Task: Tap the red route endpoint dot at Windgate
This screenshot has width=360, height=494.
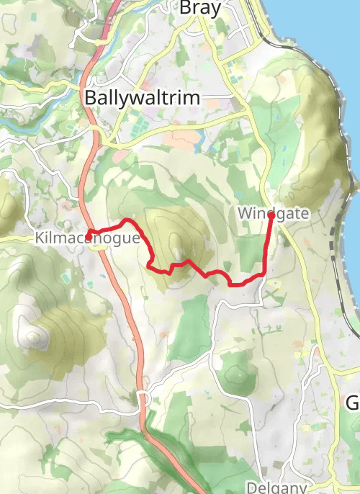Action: (x=271, y=215)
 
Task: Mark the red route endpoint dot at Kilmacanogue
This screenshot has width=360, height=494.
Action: (x=89, y=235)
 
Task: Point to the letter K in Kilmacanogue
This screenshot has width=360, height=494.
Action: (x=38, y=238)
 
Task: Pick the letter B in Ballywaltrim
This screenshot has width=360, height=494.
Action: (x=91, y=98)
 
